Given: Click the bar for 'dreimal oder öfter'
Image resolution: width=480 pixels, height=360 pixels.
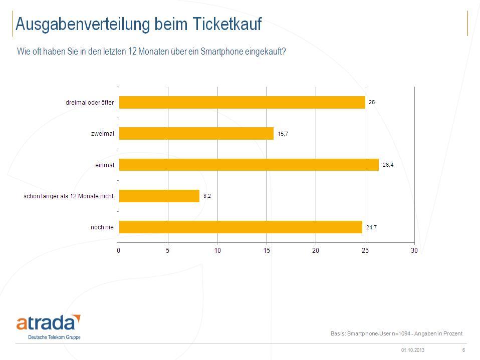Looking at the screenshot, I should tap(242, 102).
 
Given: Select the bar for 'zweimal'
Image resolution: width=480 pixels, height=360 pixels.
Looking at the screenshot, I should tap(196, 133).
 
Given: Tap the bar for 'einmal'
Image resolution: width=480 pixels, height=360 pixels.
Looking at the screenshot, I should tap(249, 165).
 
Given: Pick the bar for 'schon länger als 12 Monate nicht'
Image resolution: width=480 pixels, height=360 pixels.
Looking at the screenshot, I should tap(159, 196).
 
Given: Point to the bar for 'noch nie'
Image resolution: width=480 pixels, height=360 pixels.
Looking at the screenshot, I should tap(240, 227).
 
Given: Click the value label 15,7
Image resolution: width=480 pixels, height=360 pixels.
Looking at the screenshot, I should tap(283, 134).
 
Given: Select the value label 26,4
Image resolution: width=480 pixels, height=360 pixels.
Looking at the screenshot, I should tap(388, 165).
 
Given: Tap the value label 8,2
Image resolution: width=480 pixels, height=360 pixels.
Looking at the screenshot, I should tap(207, 196).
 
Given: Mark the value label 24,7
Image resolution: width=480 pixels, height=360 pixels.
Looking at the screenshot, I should tap(371, 227).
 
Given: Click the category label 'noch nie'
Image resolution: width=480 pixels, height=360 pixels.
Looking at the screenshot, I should tap(102, 227).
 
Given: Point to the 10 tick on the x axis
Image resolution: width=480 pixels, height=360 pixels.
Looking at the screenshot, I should tap(217, 250).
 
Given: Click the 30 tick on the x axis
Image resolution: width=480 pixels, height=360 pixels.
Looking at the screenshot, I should tap(414, 250).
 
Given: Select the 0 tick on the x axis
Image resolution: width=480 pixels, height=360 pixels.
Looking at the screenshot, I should tap(119, 250).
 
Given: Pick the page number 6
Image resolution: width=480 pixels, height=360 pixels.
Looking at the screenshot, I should tap(463, 350).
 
